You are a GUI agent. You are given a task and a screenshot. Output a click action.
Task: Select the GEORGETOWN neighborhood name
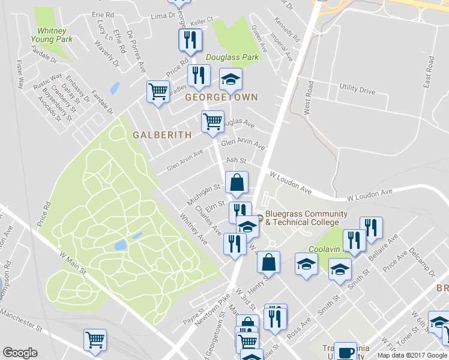coord(221,97)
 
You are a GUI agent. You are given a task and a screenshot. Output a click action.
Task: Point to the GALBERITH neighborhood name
coord(162,136)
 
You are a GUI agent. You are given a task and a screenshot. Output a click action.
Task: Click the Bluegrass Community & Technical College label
coord(306,218)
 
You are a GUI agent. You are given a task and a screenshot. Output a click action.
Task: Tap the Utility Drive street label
coord(357,91)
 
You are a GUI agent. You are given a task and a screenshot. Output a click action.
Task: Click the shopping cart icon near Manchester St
coord(95,340)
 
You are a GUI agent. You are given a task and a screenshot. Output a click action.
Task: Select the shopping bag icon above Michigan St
coord(237,182)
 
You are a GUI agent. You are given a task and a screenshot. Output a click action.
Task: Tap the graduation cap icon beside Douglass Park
coord(231,79)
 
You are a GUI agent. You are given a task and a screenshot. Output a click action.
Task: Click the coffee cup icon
coord(346,352)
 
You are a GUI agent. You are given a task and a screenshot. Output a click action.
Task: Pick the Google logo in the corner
coord(20,353)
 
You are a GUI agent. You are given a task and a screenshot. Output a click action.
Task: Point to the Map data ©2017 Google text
coord(412,355)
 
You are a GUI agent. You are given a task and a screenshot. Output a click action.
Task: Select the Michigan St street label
coord(204,193)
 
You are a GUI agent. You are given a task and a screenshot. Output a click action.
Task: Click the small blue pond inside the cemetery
coord(119,245)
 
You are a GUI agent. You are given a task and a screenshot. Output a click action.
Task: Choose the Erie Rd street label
coord(103,14)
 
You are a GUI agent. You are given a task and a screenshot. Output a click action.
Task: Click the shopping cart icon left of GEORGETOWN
coord(158,92)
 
